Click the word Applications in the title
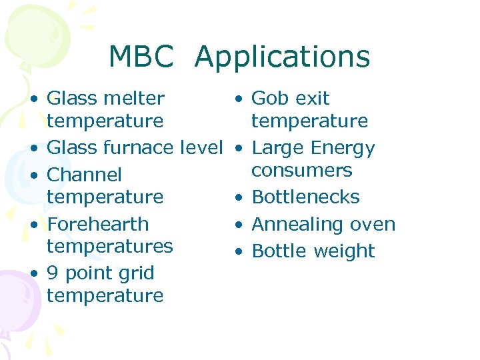282,58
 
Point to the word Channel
84,175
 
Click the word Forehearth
97,224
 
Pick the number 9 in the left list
53,273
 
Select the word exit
309,98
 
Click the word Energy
344,148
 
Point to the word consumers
301,170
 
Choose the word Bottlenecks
305,197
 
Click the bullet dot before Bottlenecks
237,198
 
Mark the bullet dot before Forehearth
33,225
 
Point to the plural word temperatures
109,246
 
